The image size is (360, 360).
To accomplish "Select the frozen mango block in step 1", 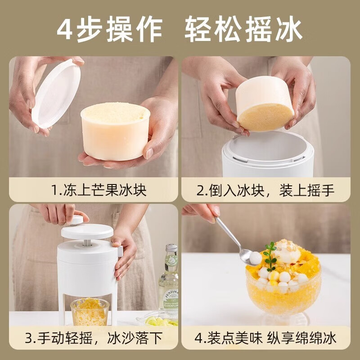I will [x=115, y=131].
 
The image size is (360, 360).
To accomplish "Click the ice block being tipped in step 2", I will [x=265, y=104].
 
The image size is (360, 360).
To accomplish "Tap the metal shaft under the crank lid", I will [x=85, y=243].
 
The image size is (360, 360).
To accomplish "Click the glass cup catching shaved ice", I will [x=90, y=311].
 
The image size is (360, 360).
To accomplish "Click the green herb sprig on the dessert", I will [x=270, y=255].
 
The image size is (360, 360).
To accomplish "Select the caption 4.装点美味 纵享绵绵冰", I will [x=265, y=338].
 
